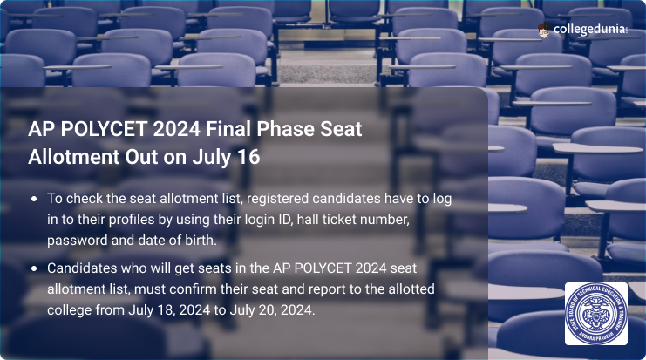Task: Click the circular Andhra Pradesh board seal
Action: [595, 313]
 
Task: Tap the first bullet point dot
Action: [34, 199]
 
